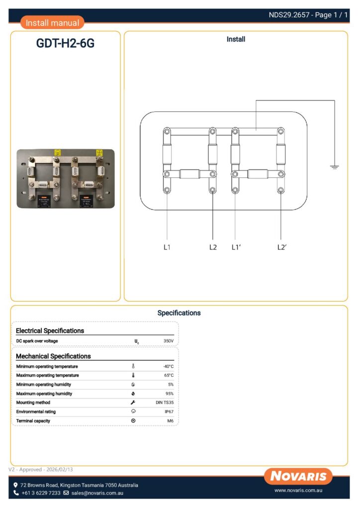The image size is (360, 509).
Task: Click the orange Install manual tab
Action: [x=52, y=23]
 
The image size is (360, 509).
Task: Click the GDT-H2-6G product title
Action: [x=65, y=44]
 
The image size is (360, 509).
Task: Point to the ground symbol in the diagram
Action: [x=334, y=167]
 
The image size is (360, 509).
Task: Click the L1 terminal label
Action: [x=167, y=247]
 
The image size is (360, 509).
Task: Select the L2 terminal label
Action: [x=213, y=247]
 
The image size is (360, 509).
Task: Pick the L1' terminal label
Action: [x=236, y=247]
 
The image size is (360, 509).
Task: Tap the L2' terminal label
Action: [x=282, y=247]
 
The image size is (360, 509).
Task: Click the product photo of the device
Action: [x=65, y=179]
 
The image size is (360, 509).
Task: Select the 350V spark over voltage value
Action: [x=168, y=341]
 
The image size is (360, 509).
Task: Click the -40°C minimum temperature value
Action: [x=168, y=366]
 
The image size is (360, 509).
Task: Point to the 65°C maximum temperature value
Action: [x=169, y=375]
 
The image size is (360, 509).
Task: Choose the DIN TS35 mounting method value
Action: [x=165, y=403]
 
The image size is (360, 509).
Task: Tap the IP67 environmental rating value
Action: [x=169, y=412]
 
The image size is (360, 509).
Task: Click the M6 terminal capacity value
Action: [x=170, y=421]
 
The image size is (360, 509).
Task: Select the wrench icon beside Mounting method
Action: [x=133, y=403]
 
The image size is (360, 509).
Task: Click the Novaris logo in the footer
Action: [x=298, y=476]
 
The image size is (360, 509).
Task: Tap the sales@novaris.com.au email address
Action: [x=97, y=493]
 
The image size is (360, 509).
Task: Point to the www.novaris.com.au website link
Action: [x=299, y=491]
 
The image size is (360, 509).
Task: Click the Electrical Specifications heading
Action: [x=50, y=331]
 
